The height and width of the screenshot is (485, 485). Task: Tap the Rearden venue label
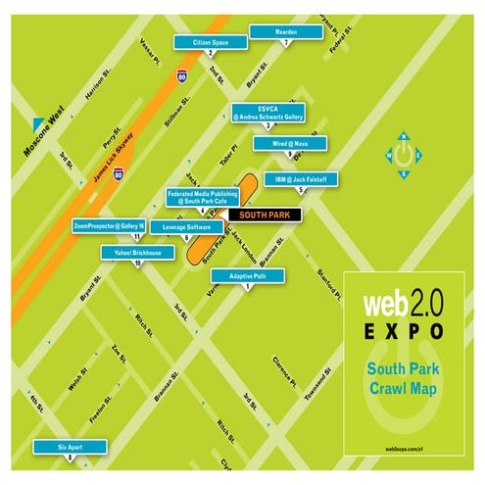(286, 32)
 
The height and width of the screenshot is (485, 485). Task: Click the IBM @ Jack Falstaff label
(301, 179)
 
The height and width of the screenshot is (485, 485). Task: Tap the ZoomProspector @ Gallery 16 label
(110, 225)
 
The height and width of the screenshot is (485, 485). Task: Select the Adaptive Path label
(248, 276)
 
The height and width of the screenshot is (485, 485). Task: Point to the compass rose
(403, 155)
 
